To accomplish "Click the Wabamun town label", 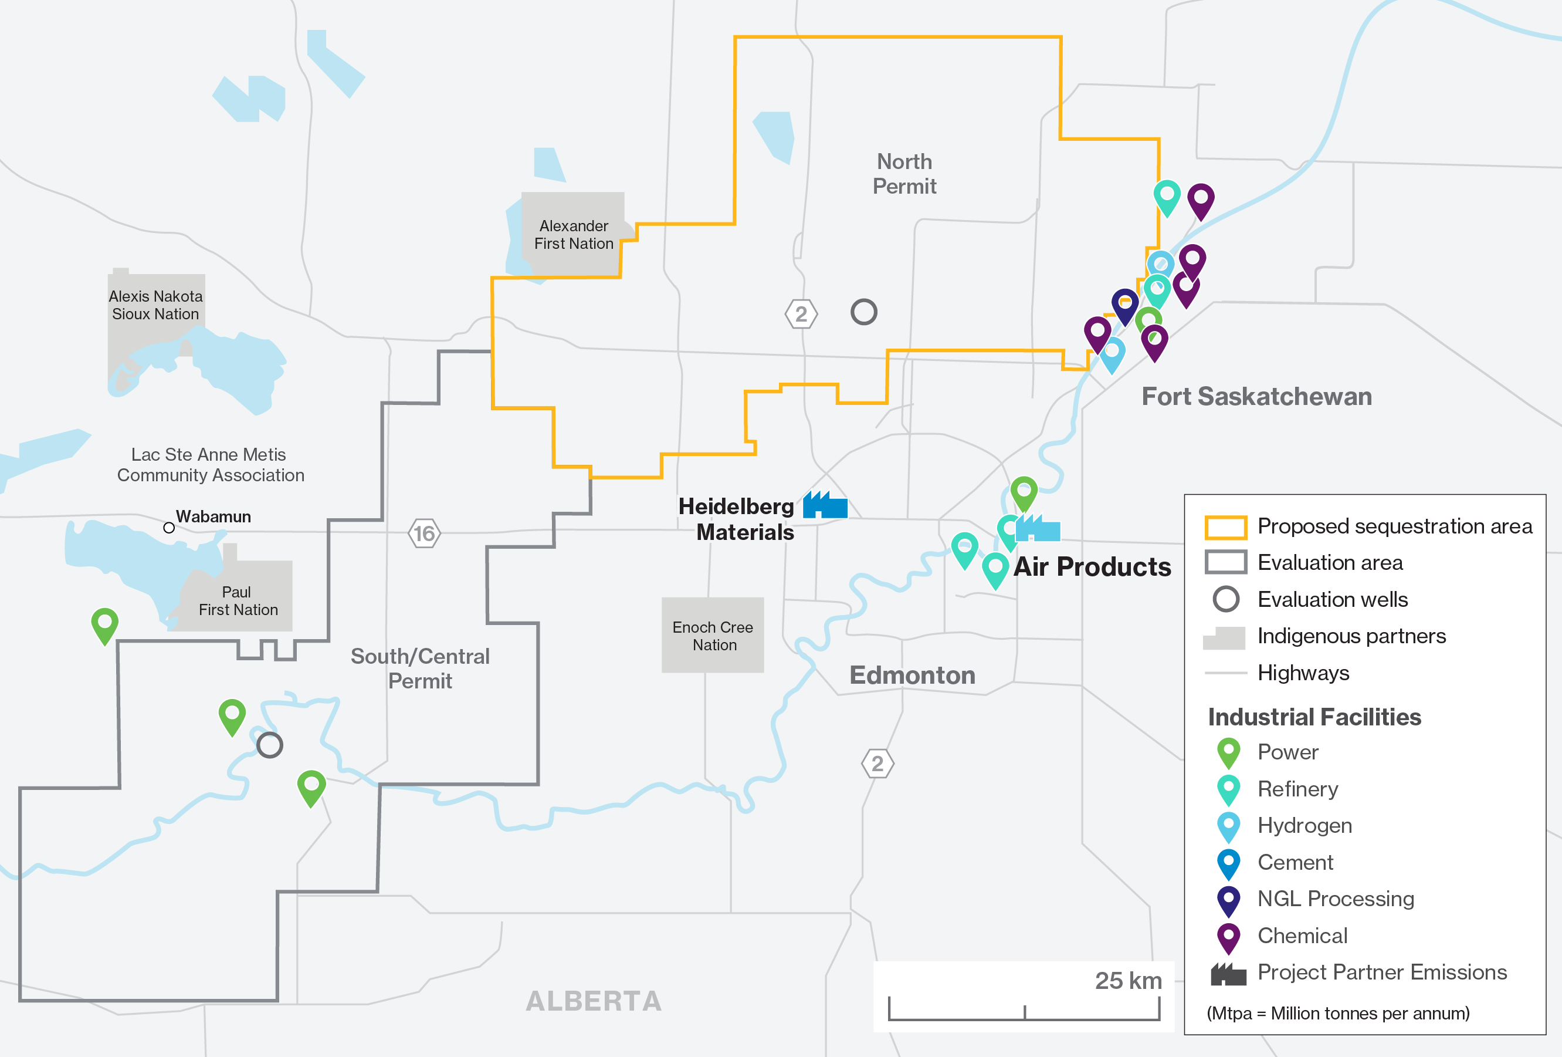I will pyautogui.click(x=213, y=516).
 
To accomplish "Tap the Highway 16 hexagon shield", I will pyautogui.click(x=424, y=533).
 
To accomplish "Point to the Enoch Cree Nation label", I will pyautogui.click(x=713, y=636).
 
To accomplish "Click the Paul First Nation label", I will pyautogui.click(x=237, y=600).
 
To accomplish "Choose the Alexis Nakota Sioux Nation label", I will pyautogui.click(x=155, y=305).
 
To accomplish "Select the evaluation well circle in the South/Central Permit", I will pyautogui.click(x=269, y=745).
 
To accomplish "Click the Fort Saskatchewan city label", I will pyautogui.click(x=1256, y=396).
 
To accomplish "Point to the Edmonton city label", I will pyautogui.click(x=912, y=674).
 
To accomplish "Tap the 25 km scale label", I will pyautogui.click(x=1128, y=980).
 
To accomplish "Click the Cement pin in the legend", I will pyautogui.click(x=1228, y=863).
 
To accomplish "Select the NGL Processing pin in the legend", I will pyautogui.click(x=1228, y=900).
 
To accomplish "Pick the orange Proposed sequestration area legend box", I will pyautogui.click(x=1225, y=527).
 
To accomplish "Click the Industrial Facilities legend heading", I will pyautogui.click(x=1314, y=717).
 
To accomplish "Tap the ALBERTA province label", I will pyautogui.click(x=594, y=1001).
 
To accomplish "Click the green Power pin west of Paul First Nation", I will pyautogui.click(x=105, y=624).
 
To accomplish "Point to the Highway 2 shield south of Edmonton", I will pyautogui.click(x=877, y=763).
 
